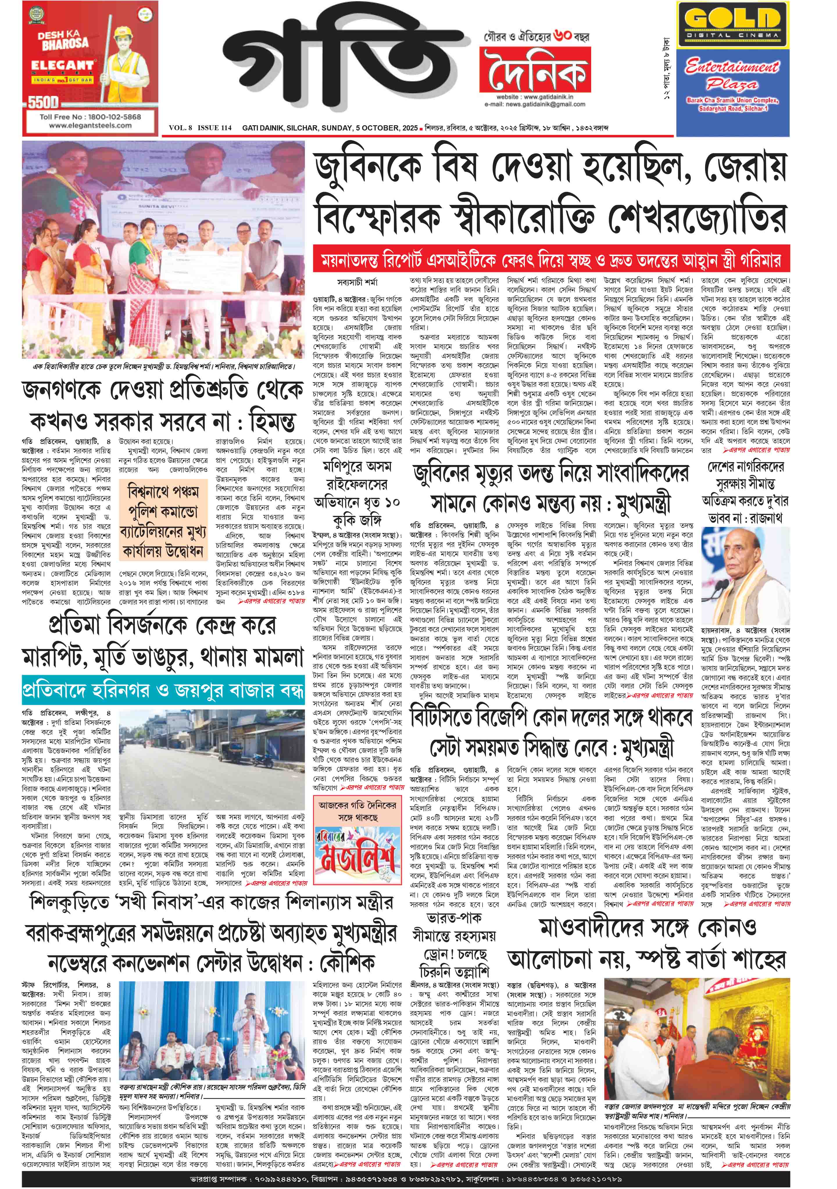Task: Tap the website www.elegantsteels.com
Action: coord(90,125)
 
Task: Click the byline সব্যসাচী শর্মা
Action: coord(357,282)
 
